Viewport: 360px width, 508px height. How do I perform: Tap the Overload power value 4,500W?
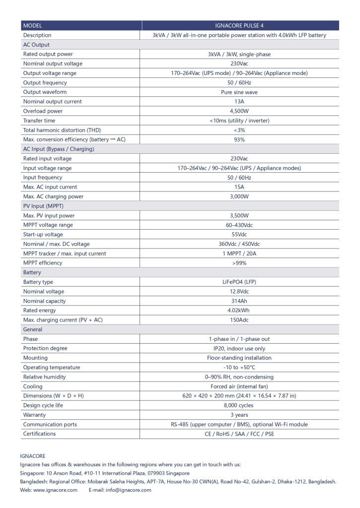point(239,111)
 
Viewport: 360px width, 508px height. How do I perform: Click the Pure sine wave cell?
point(239,92)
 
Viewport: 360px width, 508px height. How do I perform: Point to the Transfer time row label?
point(39,121)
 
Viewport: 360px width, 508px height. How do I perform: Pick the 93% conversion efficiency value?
point(239,139)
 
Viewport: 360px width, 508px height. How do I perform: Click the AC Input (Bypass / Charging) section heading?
point(59,149)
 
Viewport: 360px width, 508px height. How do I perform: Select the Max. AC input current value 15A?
point(239,187)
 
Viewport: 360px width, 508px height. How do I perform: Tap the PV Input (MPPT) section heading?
point(43,206)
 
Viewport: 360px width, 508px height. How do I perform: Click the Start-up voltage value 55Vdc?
point(239,235)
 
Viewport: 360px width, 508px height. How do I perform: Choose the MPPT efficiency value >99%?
point(239,263)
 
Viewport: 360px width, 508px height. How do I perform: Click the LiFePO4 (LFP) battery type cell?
point(239,282)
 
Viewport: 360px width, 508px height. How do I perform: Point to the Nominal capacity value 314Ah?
point(239,301)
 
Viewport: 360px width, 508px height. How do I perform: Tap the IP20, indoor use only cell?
point(239,348)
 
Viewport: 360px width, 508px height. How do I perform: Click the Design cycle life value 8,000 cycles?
point(239,405)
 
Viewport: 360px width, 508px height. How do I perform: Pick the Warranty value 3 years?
point(239,415)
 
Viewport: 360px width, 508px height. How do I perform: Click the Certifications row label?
point(39,434)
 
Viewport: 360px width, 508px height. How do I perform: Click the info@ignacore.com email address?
point(127,490)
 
